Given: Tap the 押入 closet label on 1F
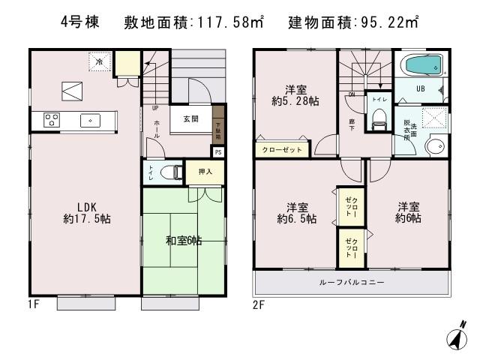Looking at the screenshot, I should coord(205,172).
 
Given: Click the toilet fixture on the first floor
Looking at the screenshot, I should coord(174,172).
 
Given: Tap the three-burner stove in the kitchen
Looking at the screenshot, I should coord(52,119).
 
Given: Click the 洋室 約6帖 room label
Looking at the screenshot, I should coord(409,212).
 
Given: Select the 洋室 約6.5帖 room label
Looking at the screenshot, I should coord(295,213).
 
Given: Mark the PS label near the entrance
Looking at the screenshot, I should coord(217,151).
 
